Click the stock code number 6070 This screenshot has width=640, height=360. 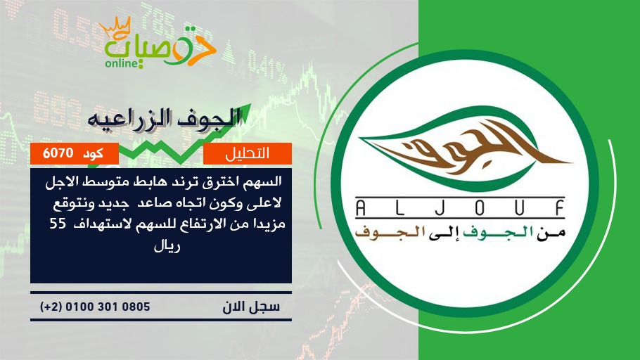(x=58, y=153)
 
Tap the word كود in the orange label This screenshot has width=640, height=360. (x=93, y=153)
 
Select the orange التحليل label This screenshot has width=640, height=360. (x=248, y=153)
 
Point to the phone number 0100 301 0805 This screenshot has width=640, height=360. (x=108, y=307)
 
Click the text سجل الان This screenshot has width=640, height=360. (x=251, y=307)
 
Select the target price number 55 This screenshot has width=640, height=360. (x=58, y=224)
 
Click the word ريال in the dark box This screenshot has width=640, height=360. (x=167, y=246)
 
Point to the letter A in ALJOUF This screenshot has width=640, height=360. (x=360, y=208)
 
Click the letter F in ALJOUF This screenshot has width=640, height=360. (x=559, y=208)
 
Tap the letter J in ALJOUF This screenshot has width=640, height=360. (x=440, y=208)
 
